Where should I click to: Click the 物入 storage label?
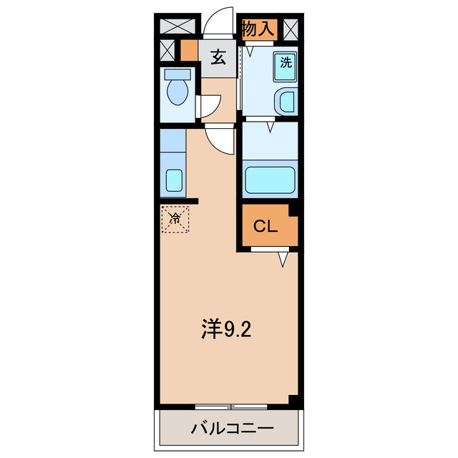pyautogui.click(x=258, y=29)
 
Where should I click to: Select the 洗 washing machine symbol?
pyautogui.click(x=286, y=62)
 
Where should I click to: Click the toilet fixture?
pyautogui.click(x=175, y=91)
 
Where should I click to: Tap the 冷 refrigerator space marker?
pyautogui.click(x=175, y=219)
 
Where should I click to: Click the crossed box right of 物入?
pyautogui.click(x=291, y=29)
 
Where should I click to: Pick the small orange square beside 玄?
pyautogui.click(x=189, y=51)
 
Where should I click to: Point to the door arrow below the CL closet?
pyautogui.click(x=285, y=258)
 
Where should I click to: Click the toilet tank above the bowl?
pyautogui.click(x=175, y=74)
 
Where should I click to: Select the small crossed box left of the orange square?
pyautogui.click(x=167, y=52)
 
